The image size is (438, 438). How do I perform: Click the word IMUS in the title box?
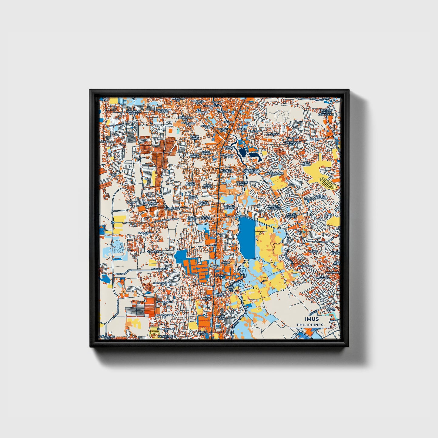click(x=312, y=319)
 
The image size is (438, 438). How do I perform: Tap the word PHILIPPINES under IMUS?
click(x=310, y=325)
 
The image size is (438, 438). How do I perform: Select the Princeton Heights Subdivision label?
click(x=326, y=112)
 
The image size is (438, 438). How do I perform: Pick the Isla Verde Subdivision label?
click(x=251, y=171)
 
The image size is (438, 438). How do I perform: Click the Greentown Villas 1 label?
click(x=293, y=143)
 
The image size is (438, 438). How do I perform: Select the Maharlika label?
click(x=304, y=266)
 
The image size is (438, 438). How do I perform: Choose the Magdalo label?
click(x=322, y=277)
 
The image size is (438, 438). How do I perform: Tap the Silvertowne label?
click(x=164, y=336)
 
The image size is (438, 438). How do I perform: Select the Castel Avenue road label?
click(x=122, y=273)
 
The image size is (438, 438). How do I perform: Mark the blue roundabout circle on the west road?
click(x=112, y=222)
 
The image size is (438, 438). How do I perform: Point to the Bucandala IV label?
click(x=142, y=234)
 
